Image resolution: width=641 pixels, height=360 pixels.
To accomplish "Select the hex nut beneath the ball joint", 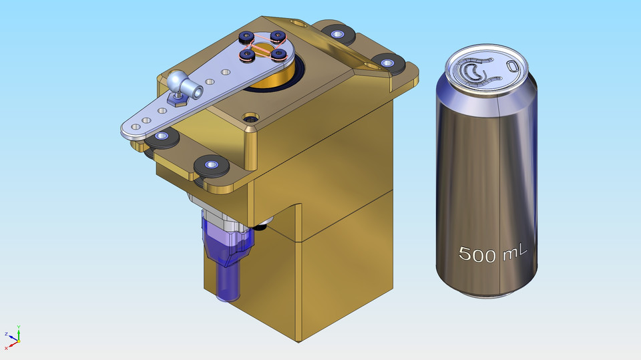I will coord(177,102).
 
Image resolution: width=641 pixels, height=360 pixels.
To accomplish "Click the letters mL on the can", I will coord(513,252).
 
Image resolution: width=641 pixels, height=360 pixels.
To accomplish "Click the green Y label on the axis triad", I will coord(19,327).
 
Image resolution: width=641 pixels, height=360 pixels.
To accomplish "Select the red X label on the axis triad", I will coord(6,348).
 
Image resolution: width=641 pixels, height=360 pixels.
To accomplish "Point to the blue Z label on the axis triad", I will coord(6,334).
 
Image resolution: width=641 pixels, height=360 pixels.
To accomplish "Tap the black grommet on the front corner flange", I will coord(210,165).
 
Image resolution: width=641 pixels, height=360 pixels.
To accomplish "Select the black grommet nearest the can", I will coord(387,63).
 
